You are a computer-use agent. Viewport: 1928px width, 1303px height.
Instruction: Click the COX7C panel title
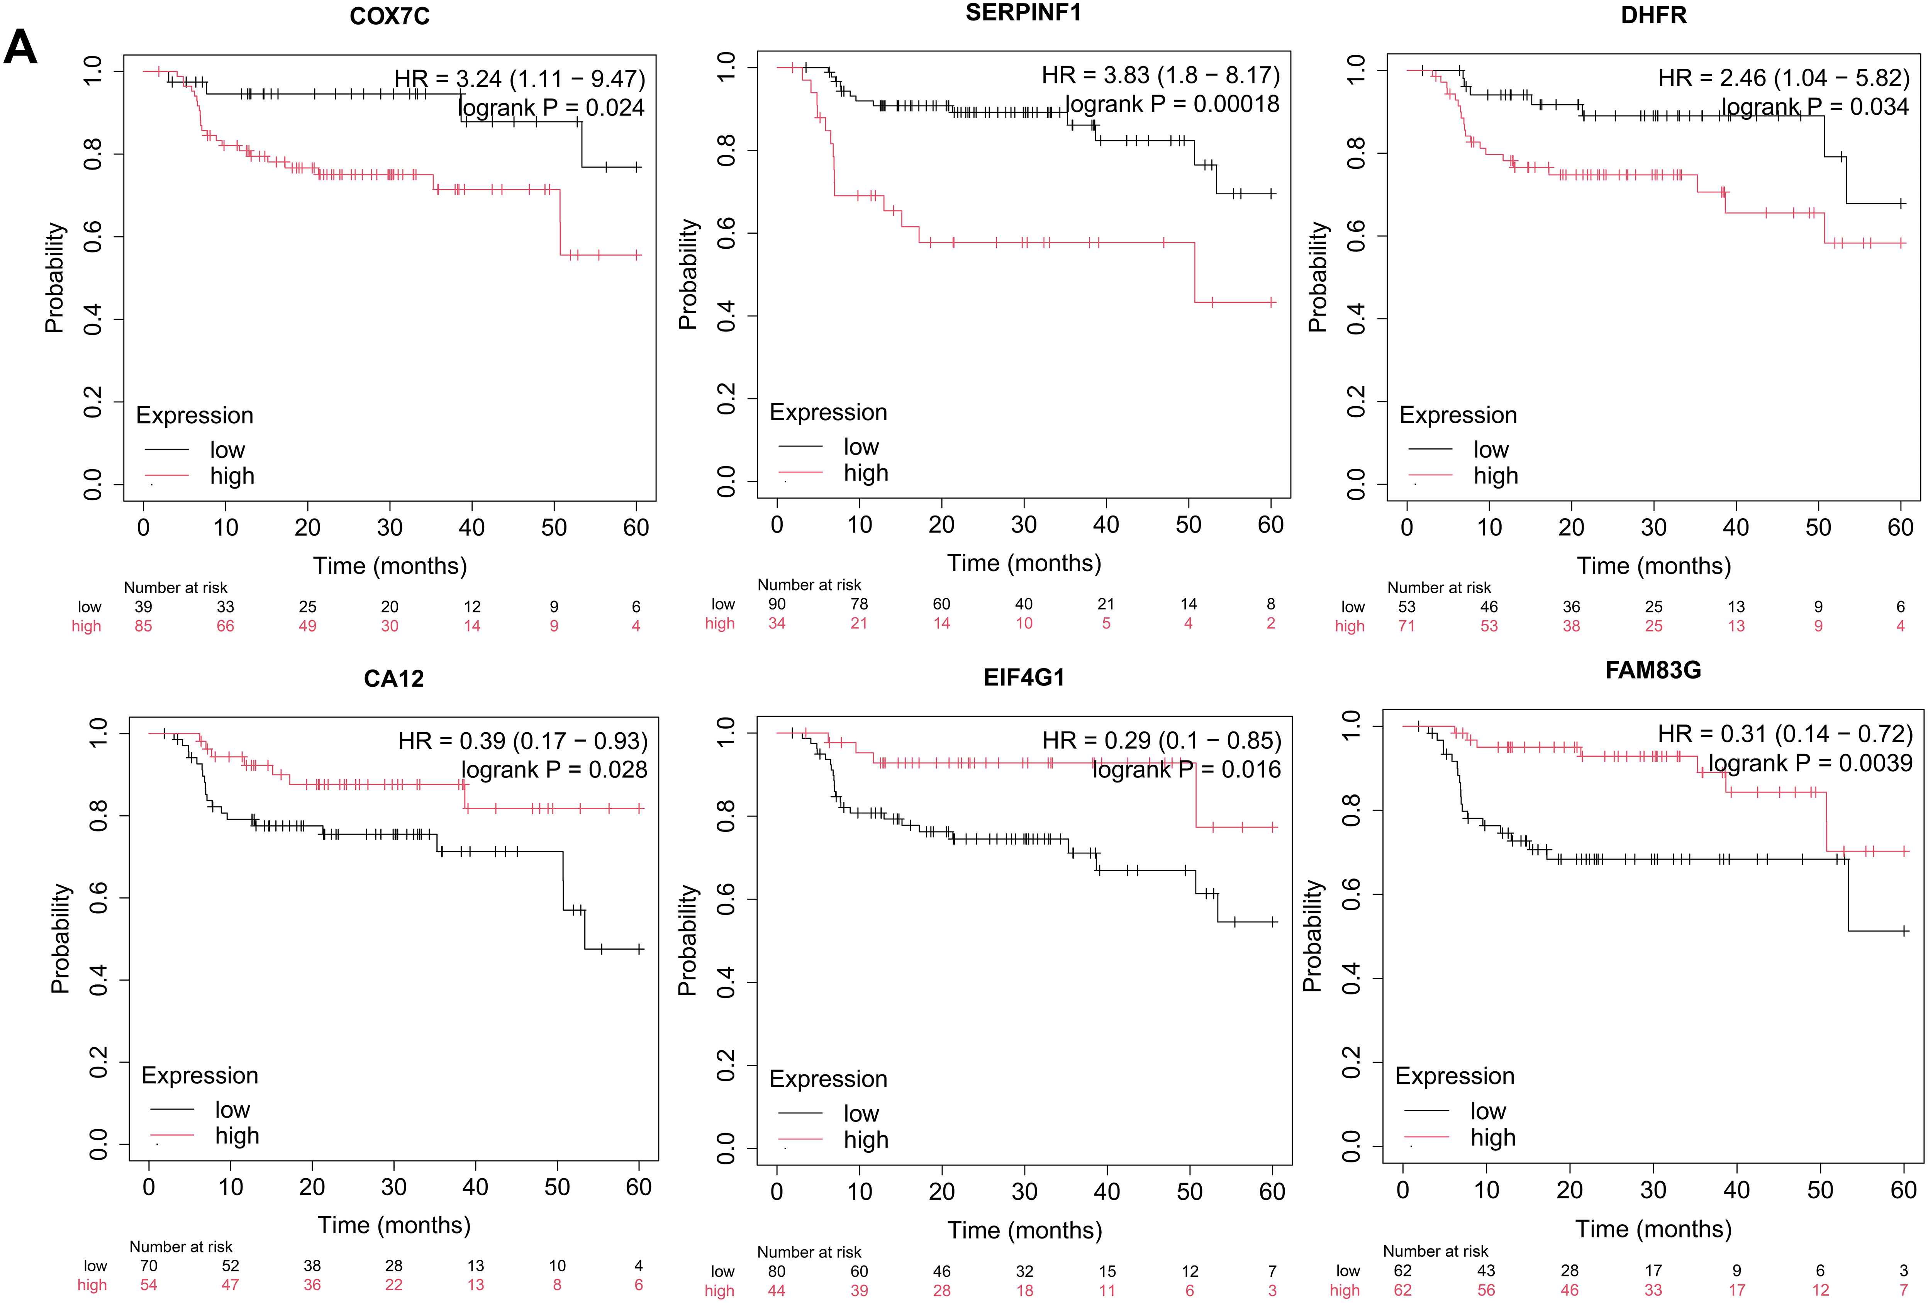[x=389, y=17]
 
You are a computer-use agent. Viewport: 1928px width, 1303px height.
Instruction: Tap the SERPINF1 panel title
[x=1023, y=13]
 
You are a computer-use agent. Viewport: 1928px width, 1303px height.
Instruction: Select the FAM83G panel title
[x=1653, y=670]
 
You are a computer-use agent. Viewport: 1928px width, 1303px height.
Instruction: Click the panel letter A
[x=21, y=47]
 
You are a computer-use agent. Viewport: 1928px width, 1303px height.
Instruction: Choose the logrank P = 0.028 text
[x=554, y=769]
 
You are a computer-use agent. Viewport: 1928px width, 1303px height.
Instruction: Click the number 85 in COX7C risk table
[x=144, y=626]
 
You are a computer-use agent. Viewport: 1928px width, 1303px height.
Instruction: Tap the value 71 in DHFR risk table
[x=1406, y=626]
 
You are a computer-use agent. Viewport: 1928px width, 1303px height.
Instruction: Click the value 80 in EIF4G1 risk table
[x=777, y=1271]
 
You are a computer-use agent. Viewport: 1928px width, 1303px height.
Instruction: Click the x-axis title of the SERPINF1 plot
[x=1024, y=563]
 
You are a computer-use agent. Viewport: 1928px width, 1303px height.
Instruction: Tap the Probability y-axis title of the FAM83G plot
[x=1312, y=936]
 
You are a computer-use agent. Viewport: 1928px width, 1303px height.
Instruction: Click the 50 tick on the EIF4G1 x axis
[x=1189, y=1192]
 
